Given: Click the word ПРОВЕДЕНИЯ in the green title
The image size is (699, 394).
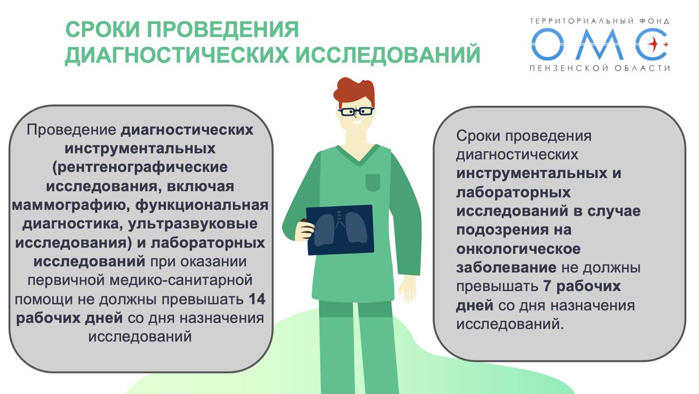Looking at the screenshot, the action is click(x=223, y=29).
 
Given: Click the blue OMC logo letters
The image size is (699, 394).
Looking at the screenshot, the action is click(x=599, y=44).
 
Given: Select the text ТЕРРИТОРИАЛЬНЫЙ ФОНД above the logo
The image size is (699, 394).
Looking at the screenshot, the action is click(x=600, y=21).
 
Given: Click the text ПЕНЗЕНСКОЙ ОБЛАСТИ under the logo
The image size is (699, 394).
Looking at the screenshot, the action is click(x=600, y=68).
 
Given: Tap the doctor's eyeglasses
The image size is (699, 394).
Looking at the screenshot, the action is click(x=357, y=111).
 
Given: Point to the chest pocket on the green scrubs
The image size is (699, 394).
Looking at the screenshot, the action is click(x=372, y=182).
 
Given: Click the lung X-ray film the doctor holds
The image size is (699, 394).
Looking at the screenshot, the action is click(x=340, y=230).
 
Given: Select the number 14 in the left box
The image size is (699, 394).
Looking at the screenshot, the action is click(x=257, y=299).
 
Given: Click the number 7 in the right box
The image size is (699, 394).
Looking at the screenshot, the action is click(x=547, y=286).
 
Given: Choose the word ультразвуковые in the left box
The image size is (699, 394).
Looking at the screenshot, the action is click(x=193, y=224).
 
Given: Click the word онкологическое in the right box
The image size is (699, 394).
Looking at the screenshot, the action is click(x=518, y=249).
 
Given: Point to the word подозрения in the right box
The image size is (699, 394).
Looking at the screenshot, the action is click(x=503, y=230).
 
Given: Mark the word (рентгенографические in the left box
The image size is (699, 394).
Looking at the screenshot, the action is click(x=140, y=168).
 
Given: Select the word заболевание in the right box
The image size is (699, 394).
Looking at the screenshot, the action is click(x=506, y=268).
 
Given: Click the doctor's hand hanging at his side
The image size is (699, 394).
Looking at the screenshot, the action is click(x=408, y=288).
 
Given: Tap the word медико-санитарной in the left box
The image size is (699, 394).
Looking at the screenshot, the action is click(x=181, y=280).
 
